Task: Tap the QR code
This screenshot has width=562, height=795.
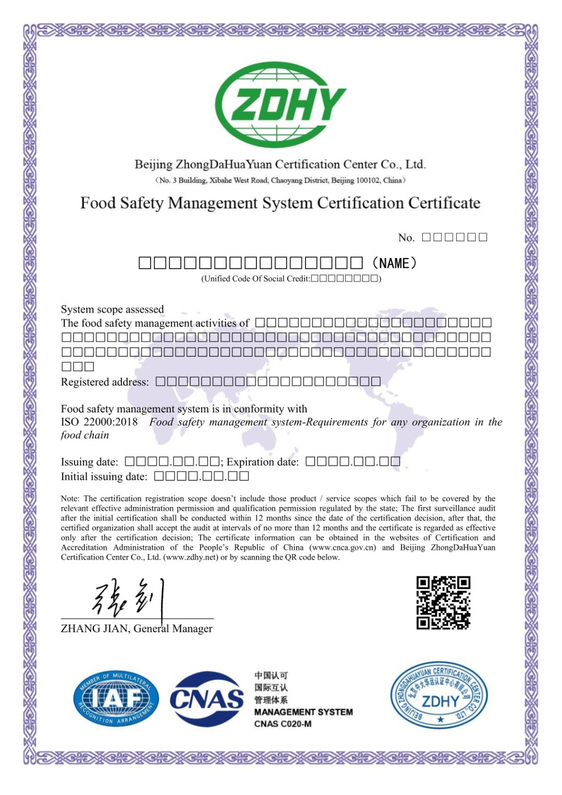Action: click(x=443, y=603)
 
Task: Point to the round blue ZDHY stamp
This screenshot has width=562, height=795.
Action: click(x=439, y=695)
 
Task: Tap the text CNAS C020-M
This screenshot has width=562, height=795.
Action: click(x=283, y=724)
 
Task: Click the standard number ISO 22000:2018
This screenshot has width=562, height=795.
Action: click(x=99, y=422)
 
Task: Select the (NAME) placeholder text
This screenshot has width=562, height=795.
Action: click(x=395, y=263)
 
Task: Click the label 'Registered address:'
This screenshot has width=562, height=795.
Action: click(x=105, y=382)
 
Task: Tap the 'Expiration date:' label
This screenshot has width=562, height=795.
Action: click(x=263, y=462)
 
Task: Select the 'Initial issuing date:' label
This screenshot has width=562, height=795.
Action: click(x=104, y=477)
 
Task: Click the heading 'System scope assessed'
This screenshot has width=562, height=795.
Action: click(x=112, y=310)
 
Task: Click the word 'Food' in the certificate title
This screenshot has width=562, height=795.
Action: click(x=98, y=203)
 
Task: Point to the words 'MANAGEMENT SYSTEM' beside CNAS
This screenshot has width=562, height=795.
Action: click(x=303, y=712)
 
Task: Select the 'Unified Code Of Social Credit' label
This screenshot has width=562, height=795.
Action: click(x=255, y=279)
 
